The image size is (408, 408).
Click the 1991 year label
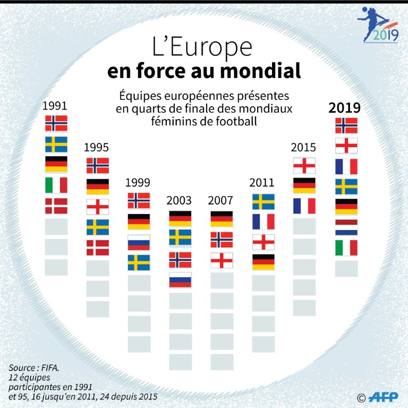[x=55, y=106]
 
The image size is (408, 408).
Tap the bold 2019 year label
[x=345, y=108]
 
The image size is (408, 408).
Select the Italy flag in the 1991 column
[x=56, y=185]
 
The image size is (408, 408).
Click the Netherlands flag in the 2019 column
[x=346, y=227]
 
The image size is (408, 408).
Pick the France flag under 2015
[x=304, y=206]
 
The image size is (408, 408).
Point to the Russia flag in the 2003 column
[x=180, y=280]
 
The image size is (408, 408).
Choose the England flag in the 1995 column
[x=97, y=207]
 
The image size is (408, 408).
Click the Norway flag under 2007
[x=222, y=240]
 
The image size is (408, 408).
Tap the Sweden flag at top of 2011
[x=263, y=201]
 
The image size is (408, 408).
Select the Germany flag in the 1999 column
[x=139, y=222]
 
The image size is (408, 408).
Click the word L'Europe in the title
[x=202, y=48]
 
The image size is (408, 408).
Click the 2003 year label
[x=179, y=201]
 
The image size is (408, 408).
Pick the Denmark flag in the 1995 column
[x=97, y=248]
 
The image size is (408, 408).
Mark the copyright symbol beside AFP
[x=361, y=397]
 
